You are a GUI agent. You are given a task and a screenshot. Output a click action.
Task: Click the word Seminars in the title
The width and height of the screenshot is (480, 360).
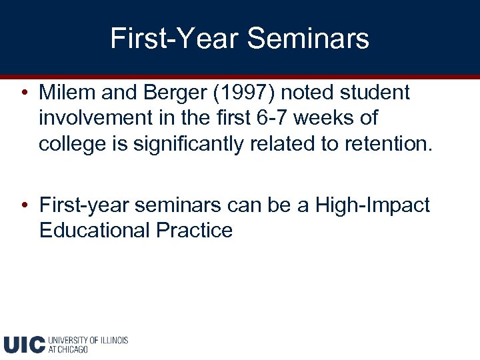[x=308, y=38]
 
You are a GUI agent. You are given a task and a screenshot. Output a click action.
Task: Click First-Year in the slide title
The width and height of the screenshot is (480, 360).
[x=174, y=38]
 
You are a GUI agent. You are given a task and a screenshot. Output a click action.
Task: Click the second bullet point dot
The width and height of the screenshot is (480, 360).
[x=24, y=205]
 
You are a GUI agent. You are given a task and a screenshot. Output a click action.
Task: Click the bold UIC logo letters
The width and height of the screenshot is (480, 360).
[x=24, y=344]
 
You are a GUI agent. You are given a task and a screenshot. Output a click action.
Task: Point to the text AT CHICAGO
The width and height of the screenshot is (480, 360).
[x=68, y=349]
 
